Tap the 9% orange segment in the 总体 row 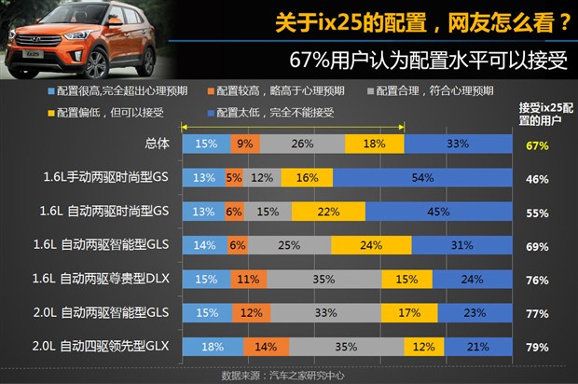244,144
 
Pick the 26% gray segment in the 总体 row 302,144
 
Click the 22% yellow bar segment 327,212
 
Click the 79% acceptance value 536,347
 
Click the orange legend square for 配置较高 213,91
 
